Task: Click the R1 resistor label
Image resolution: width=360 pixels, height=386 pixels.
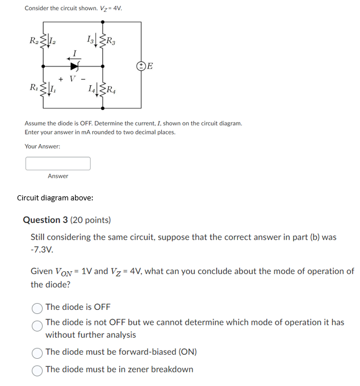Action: tap(34, 87)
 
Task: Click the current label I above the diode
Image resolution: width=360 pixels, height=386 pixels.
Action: tap(73, 52)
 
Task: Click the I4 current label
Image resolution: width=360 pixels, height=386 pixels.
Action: tap(92, 87)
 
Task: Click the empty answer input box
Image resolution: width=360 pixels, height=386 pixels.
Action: tap(58, 163)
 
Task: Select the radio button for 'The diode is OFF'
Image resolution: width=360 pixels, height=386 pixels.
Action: tap(37, 307)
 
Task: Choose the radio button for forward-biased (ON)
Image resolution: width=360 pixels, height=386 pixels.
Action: tap(37, 352)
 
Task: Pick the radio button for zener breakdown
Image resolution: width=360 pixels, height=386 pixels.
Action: tap(37, 370)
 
